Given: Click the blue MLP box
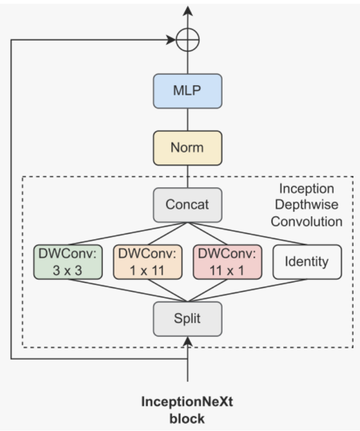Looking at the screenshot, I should [187, 90].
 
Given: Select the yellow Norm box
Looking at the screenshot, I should [187, 147].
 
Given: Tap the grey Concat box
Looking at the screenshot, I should [187, 205].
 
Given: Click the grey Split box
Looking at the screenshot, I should [187, 319].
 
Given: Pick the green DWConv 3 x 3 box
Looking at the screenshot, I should [68, 262].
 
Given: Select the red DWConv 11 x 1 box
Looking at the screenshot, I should [227, 262].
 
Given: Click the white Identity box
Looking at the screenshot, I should [307, 262].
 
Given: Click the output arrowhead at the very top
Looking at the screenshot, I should [188, 10].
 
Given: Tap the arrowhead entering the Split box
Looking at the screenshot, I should [188, 341].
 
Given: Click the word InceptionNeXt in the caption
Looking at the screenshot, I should [187, 402].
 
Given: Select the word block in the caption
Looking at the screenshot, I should [187, 418].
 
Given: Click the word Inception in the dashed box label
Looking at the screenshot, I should [306, 189].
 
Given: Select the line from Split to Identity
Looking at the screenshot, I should [247, 290].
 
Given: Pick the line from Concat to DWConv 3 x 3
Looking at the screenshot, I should [129, 234].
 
